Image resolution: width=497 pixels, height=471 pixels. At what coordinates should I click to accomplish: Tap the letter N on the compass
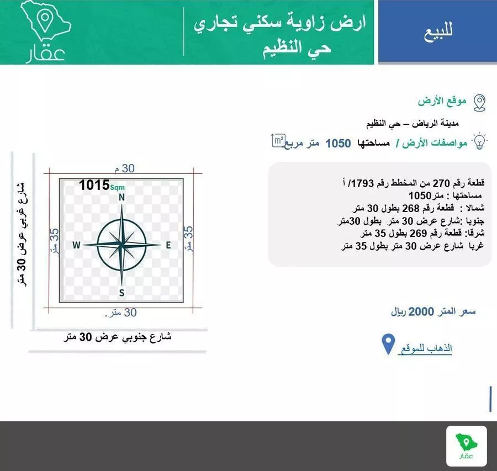[121, 197]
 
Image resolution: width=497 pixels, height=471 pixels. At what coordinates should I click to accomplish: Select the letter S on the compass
[121, 292]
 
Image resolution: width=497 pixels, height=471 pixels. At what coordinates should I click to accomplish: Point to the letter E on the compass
[168, 245]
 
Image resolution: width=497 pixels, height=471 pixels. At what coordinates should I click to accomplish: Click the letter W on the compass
[76, 245]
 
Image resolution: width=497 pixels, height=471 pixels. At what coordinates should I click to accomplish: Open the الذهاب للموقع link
[425, 348]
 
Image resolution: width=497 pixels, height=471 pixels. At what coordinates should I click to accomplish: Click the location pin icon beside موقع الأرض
[479, 102]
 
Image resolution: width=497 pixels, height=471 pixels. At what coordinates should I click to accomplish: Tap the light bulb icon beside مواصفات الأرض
[480, 141]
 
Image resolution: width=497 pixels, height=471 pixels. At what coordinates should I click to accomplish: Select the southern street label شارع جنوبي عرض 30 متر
[117, 337]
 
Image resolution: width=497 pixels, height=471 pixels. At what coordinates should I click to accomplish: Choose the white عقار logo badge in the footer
[466, 446]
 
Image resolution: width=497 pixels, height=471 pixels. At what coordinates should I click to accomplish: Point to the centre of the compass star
[121, 245]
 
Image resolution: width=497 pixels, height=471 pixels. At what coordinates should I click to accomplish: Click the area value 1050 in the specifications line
[338, 144]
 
